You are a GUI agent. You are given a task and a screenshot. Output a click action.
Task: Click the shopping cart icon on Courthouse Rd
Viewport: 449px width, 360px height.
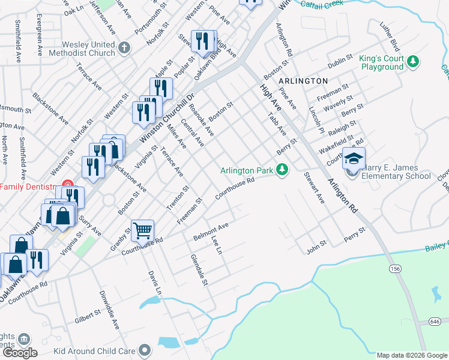[142, 230]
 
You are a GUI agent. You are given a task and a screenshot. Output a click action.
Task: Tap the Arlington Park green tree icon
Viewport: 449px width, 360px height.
[282, 170]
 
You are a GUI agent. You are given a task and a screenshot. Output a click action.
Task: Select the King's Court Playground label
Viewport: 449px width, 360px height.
[382, 63]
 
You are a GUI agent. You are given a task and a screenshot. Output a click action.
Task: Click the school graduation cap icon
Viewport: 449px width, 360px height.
[354, 159]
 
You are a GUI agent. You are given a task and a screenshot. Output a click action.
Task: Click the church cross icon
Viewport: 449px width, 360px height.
[124, 47]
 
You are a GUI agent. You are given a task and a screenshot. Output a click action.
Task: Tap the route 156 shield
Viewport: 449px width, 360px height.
[394, 268]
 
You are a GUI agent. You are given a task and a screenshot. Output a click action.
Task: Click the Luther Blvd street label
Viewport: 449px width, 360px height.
[390, 37]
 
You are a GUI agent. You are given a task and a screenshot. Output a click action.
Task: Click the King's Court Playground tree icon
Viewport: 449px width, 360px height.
[413, 61]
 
